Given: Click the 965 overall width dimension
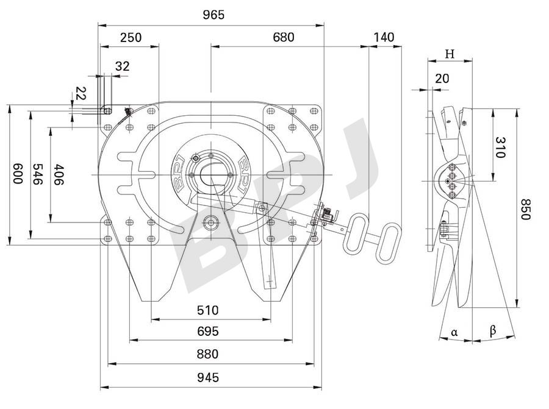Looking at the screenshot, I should (211, 15).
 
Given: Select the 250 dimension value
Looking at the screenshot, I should (131, 37).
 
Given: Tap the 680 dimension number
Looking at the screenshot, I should (284, 37).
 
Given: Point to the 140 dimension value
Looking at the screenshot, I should (384, 37).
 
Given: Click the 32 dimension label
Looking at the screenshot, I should (123, 66).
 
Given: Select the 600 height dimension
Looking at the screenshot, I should (18, 174).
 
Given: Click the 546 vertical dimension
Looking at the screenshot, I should (38, 174).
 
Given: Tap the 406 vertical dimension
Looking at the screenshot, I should (59, 174).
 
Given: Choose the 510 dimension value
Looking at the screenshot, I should (207, 310).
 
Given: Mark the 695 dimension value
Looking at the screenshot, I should (207, 332).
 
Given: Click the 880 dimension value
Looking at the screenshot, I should (207, 354).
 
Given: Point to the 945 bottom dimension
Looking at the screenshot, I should (207, 378).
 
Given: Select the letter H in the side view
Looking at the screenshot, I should (450, 54).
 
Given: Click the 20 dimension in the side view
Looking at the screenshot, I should (442, 78).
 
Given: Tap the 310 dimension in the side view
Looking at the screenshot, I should (500, 147).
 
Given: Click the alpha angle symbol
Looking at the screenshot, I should (454, 332).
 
